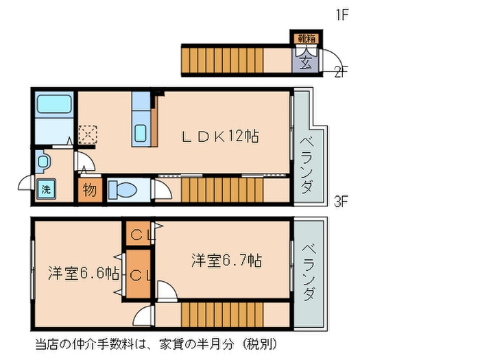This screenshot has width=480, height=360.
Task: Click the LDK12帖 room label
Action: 220,136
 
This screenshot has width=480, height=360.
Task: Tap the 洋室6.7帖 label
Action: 227,261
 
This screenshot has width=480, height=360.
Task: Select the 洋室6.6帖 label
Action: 84,273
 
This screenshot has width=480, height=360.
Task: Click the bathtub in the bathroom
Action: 54,104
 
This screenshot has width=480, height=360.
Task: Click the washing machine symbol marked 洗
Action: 46,189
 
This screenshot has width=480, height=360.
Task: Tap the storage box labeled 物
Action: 90,191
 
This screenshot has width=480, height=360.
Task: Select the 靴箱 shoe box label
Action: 306,38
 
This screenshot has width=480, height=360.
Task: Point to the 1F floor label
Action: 342,14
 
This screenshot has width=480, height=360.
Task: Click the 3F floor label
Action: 341,202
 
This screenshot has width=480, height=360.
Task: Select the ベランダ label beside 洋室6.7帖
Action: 309,272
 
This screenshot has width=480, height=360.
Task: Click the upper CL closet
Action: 139,233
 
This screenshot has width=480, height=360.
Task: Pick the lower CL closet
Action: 139,274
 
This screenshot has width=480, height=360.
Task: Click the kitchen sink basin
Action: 141,133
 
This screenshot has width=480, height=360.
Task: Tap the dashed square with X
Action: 88,134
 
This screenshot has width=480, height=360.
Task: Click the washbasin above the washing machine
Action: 43,161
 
